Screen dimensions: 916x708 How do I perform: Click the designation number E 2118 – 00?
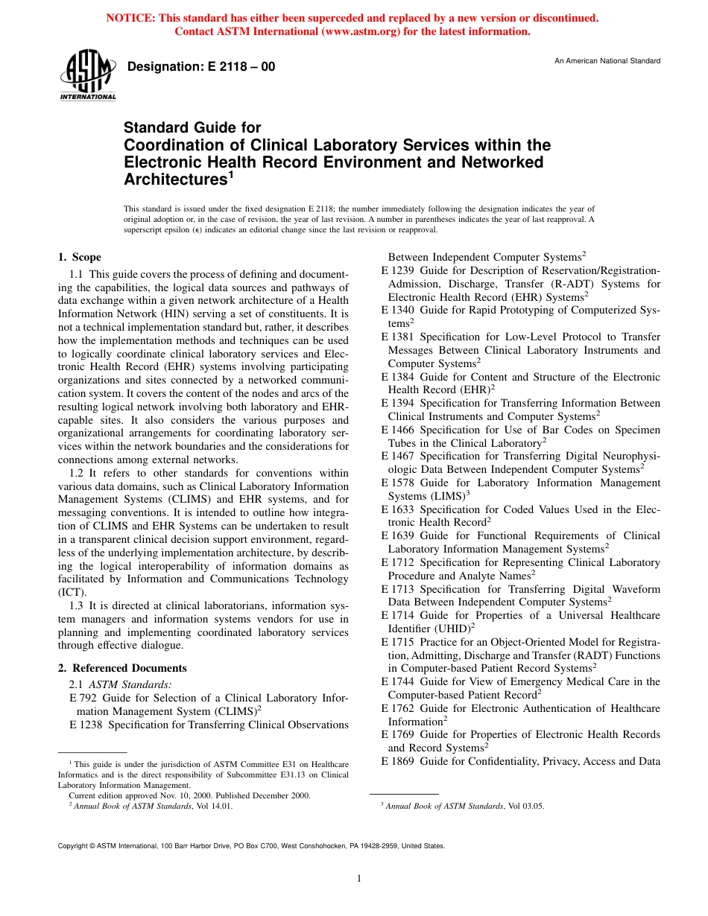point(201,67)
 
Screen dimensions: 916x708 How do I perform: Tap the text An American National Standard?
point(607,61)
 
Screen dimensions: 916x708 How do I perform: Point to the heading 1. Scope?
point(80,258)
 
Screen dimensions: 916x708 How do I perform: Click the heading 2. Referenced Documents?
point(122,668)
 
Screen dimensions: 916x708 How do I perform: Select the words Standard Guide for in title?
point(192,128)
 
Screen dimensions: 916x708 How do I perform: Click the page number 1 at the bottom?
point(359,879)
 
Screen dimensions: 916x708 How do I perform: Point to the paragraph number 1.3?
point(78,605)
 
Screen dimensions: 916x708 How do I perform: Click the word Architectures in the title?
point(174,179)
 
